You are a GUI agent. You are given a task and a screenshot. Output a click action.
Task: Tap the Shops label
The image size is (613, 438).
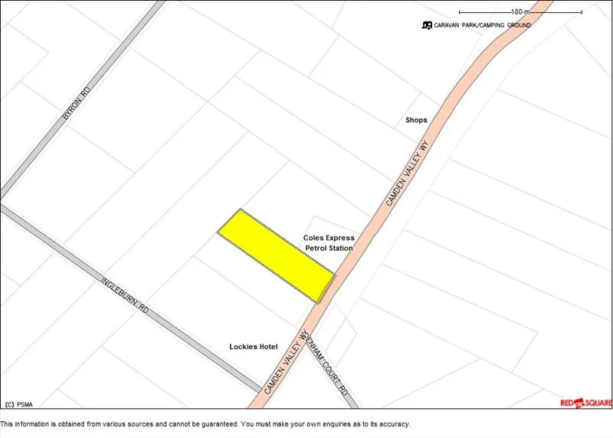tap(416, 120)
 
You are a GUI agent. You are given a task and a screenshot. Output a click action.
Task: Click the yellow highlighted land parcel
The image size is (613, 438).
tap(276, 255)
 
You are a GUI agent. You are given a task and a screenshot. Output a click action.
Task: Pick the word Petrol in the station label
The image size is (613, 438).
tap(317, 249)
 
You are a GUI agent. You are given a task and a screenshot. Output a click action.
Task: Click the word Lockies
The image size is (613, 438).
tap(243, 347)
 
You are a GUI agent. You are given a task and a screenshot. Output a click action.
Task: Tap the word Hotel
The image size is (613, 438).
tap(267, 347)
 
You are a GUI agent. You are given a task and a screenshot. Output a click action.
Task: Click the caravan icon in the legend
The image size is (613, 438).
tap(427, 25)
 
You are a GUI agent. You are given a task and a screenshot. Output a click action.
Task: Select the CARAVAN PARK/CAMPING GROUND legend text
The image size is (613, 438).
tap(482, 25)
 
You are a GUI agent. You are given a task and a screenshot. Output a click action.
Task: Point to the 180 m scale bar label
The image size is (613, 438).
tap(520, 12)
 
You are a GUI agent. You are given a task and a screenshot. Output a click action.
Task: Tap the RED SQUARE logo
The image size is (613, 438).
tap(586, 403)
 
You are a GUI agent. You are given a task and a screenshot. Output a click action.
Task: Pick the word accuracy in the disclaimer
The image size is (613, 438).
tap(392, 424)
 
